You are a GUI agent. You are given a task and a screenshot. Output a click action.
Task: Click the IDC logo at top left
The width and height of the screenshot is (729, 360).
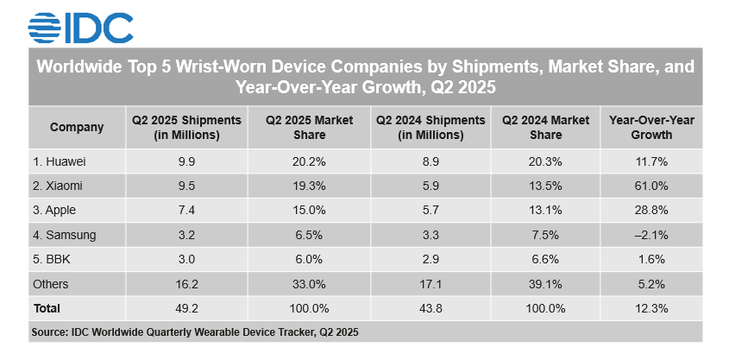[80, 26]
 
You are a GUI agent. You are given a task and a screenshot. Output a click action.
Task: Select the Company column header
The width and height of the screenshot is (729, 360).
[77, 128]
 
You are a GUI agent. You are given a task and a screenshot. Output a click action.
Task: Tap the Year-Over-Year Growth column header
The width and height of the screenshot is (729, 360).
[651, 128]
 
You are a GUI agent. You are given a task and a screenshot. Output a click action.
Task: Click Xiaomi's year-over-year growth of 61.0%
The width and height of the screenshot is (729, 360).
[651, 186]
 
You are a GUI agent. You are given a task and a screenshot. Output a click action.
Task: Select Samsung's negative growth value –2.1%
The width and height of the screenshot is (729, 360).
[651, 235]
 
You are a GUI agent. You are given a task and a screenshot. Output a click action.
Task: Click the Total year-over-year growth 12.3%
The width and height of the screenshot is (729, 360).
[651, 307]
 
